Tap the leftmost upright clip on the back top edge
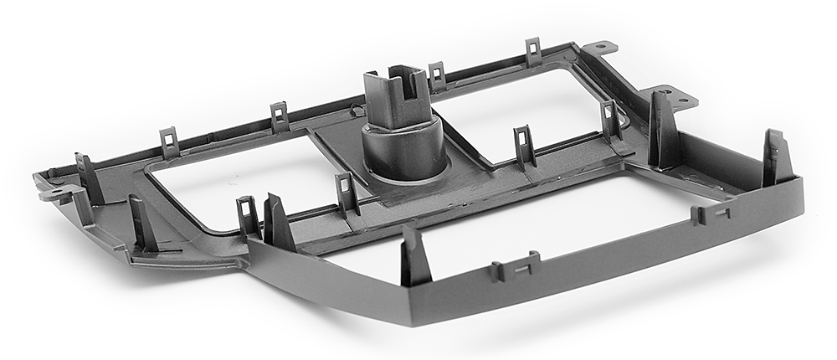pos(169,141)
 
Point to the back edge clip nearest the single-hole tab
pos(533,52)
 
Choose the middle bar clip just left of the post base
pos(347,193)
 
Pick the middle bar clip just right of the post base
pos(524,147)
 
